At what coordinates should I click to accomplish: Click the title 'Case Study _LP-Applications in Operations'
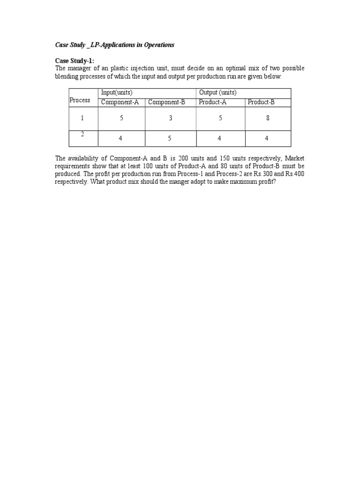point(115,45)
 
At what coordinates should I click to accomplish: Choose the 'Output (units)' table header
point(218,93)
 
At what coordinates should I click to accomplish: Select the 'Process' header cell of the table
point(80,100)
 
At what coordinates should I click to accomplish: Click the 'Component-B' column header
point(166,102)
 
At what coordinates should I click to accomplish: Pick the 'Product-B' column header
point(261,102)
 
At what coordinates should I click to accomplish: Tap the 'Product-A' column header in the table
point(213,102)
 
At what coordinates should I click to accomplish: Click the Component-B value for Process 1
point(171,119)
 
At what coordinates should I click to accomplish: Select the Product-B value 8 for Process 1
point(268,119)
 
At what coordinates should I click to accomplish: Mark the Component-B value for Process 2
point(171,139)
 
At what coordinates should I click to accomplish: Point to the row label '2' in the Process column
point(82,134)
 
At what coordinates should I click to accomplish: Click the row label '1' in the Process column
point(82,119)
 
